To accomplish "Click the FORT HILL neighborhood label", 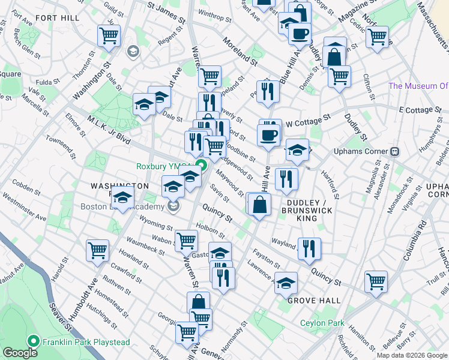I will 57,18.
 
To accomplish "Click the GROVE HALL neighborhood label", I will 313,300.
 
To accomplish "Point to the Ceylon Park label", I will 322,323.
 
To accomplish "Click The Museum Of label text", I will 418,86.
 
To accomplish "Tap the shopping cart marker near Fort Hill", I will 109,36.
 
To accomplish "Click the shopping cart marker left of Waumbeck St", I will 97,251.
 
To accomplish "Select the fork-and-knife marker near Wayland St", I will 309,248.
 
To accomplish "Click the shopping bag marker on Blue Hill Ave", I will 259,205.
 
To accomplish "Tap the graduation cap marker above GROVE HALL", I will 286,282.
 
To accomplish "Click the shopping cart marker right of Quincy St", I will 376,281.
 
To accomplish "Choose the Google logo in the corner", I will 20,353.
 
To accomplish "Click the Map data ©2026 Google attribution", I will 412,355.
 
